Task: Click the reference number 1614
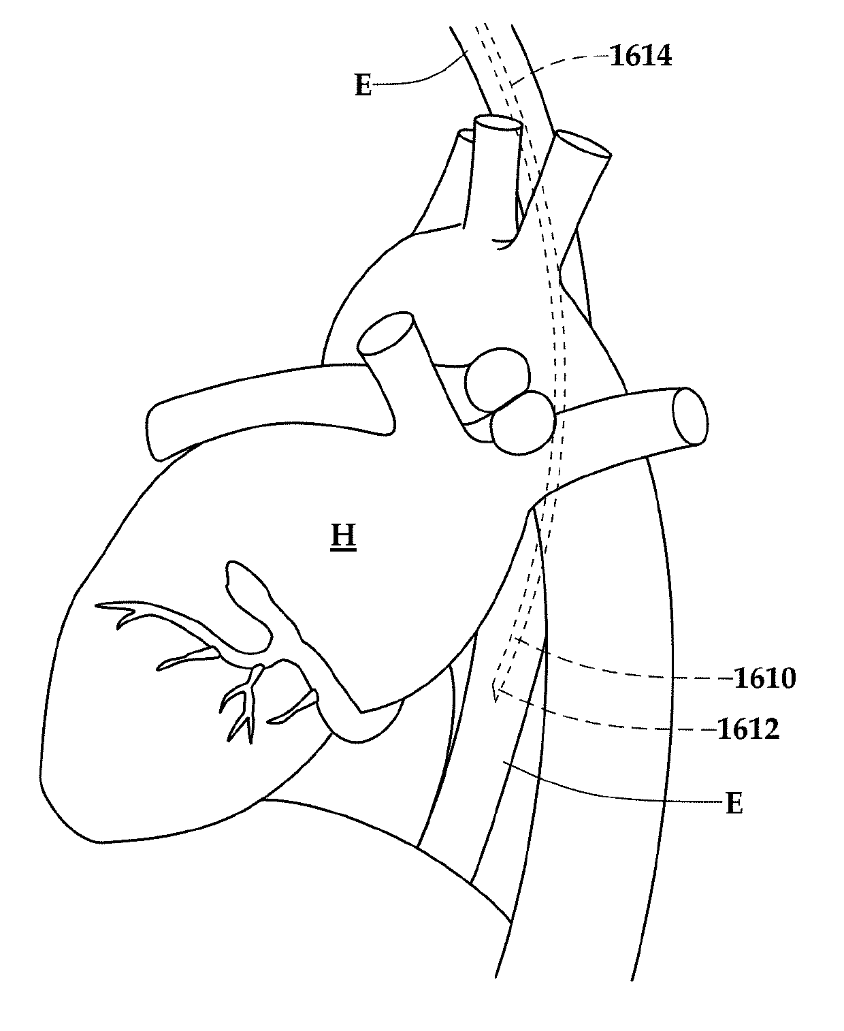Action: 640,57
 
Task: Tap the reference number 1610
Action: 764,678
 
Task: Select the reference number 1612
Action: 748,729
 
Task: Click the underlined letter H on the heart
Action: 344,536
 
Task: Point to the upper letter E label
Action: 363,86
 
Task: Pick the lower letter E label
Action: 734,804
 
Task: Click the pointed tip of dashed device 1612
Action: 497,699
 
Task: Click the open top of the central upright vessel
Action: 498,124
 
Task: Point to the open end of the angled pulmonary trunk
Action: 385,334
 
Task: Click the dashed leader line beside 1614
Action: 565,65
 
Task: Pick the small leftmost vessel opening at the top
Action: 465,136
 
